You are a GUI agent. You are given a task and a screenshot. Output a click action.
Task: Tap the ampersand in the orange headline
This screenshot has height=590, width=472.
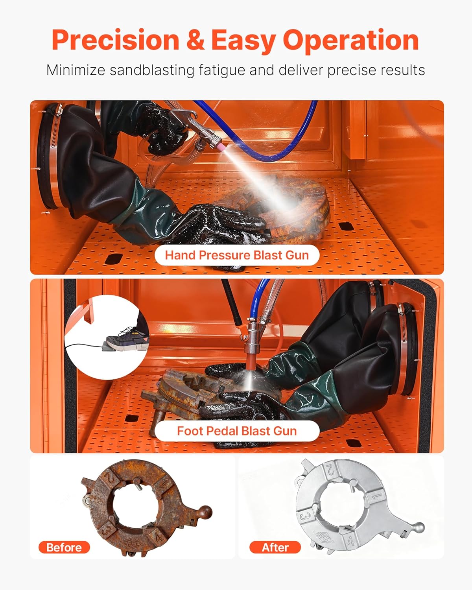[x=195, y=40]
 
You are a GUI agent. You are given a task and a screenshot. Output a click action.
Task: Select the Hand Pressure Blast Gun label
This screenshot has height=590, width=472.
[x=237, y=255]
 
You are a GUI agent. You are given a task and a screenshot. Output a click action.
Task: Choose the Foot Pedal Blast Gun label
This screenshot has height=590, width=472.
[x=237, y=431]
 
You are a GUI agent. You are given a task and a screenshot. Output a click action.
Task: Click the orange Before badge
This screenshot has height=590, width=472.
[x=64, y=547]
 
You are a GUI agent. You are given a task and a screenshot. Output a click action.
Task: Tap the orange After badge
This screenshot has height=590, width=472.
[x=275, y=547]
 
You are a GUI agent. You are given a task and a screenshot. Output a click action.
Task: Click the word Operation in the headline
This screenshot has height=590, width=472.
[x=351, y=40]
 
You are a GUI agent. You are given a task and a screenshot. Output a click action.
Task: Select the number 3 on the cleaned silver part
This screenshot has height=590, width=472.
[x=304, y=516]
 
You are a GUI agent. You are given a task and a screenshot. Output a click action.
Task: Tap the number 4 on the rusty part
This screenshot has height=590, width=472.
[x=159, y=536]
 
